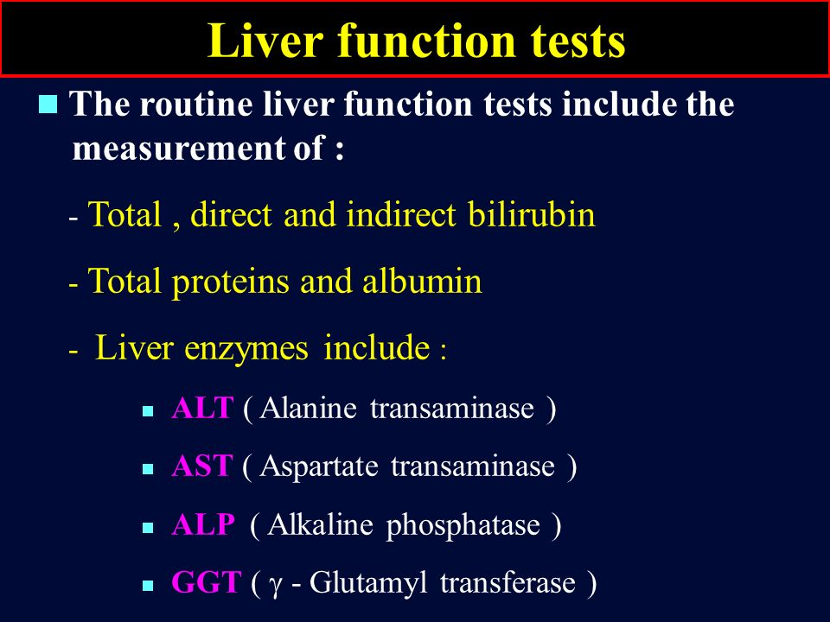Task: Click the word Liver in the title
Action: (265, 41)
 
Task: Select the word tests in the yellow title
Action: (578, 41)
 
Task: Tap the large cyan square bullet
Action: (48, 105)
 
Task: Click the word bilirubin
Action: (531, 214)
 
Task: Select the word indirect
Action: (400, 214)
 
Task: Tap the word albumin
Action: (422, 280)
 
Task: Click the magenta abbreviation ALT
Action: (202, 408)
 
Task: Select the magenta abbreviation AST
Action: (201, 466)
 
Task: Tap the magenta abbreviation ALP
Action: (203, 524)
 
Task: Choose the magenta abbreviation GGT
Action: (207, 582)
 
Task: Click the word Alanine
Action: (308, 408)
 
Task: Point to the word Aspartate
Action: (319, 467)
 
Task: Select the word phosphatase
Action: (463, 526)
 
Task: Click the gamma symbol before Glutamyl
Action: (274, 586)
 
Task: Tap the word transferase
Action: (508, 582)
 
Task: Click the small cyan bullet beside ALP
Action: (148, 527)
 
